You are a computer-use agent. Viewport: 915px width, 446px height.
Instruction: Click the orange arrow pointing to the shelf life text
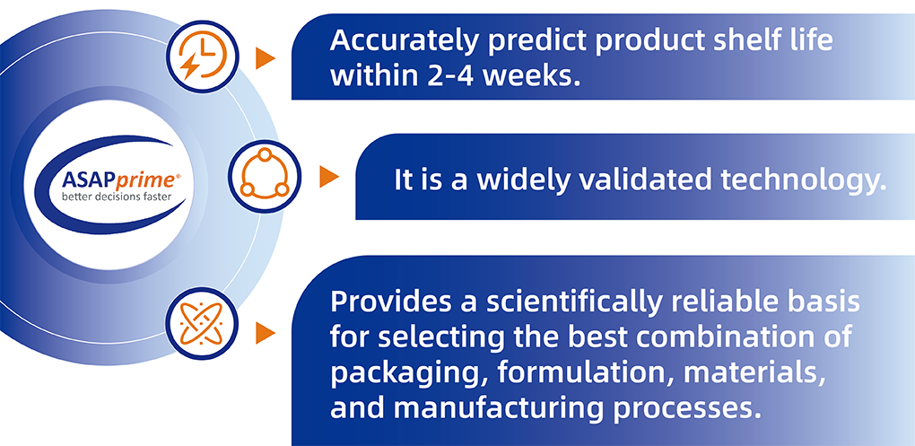265,59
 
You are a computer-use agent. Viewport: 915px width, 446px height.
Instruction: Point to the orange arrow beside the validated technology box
329,176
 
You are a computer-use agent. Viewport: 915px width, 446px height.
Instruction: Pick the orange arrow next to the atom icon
265,333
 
